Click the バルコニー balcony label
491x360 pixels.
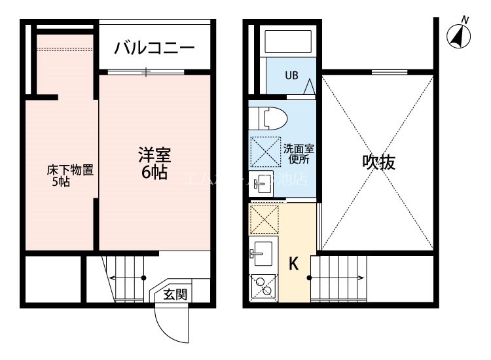pyautogui.click(x=155, y=48)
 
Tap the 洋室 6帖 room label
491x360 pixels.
pyautogui.click(x=155, y=164)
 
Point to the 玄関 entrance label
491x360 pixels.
pyautogui.click(x=175, y=295)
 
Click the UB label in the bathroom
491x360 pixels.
pyautogui.click(x=291, y=75)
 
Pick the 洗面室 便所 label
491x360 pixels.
pyautogui.click(x=297, y=153)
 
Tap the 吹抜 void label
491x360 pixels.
pyautogui.click(x=379, y=162)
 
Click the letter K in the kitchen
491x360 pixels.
pyautogui.click(x=294, y=264)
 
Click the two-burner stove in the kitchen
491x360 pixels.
pyautogui.click(x=264, y=286)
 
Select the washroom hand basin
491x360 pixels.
pyautogui.click(x=264, y=184)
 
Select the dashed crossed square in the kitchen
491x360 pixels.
pyautogui.click(x=264, y=219)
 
